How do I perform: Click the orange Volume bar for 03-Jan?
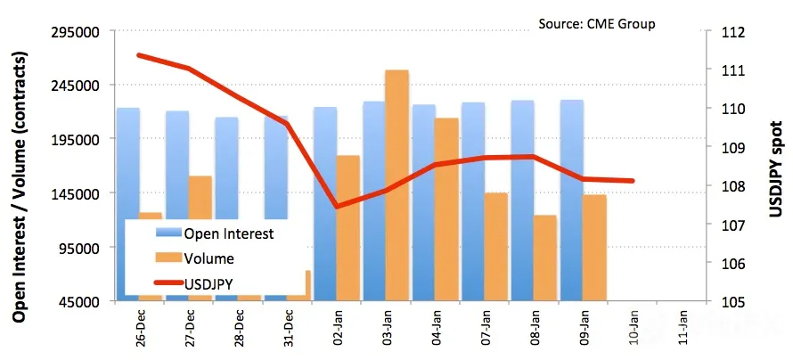[x=397, y=185]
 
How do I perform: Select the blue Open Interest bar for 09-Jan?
[x=571, y=200]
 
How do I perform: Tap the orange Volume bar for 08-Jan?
[x=544, y=258]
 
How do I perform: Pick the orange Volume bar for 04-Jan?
[x=446, y=209]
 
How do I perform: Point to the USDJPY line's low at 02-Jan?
[x=338, y=207]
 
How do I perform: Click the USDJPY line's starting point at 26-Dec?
[x=140, y=55]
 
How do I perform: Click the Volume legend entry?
[x=195, y=258]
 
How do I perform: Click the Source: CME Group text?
[x=597, y=24]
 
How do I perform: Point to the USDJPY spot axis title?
[x=776, y=169]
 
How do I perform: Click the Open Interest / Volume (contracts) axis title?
[x=20, y=186]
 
